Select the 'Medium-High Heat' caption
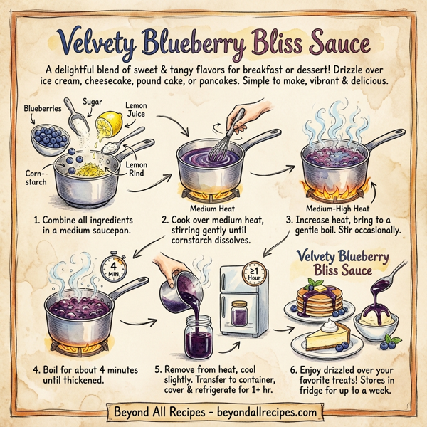click(x=337, y=209)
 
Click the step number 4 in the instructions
click(x=36, y=370)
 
